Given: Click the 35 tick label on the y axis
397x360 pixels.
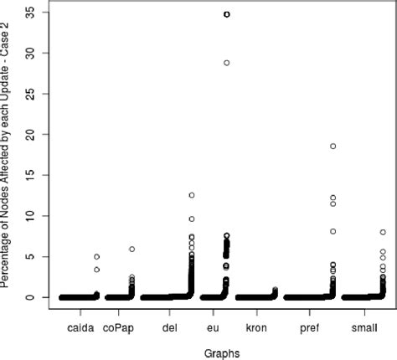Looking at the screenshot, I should click(29, 13).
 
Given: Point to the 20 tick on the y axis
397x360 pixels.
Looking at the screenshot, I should click(29, 135).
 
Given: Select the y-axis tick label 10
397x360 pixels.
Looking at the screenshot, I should click(29, 216).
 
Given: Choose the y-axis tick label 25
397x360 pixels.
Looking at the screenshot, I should click(29, 94).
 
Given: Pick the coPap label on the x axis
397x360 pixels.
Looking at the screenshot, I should click(117, 328).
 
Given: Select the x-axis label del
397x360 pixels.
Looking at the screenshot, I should click(170, 328).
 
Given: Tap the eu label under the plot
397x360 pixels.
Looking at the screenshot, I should click(213, 328).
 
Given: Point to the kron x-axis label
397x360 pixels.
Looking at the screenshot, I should click(256, 328).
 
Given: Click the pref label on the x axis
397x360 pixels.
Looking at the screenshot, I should click(309, 328).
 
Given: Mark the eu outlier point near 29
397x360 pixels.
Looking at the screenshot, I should click(226, 63).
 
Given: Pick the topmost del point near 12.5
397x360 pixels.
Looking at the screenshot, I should click(191, 195).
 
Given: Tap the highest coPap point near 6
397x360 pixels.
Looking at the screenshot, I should click(131, 249).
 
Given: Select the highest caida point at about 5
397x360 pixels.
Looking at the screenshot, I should click(96, 257).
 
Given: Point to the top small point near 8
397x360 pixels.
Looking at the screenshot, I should click(382, 232).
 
